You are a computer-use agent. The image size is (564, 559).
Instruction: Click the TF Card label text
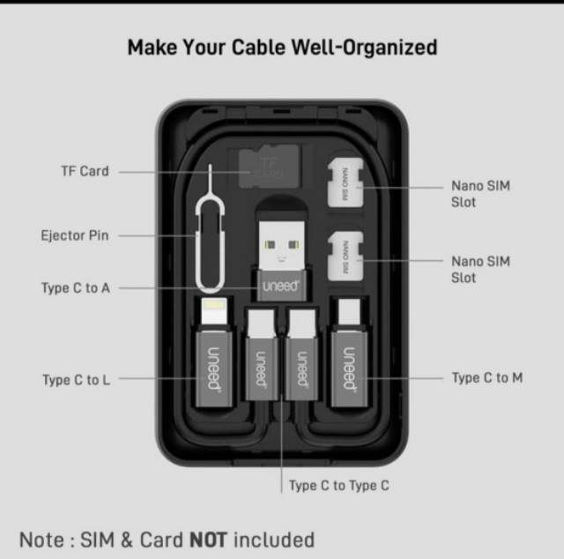click(85, 171)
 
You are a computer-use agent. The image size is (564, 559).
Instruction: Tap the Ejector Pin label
click(75, 235)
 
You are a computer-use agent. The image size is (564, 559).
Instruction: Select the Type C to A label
click(76, 288)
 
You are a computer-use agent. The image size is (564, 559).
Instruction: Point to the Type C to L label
click(77, 380)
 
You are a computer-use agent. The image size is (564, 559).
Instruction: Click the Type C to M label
click(487, 377)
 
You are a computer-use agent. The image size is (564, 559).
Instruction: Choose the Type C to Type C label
click(339, 486)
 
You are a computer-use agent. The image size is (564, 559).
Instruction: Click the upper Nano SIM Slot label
click(480, 194)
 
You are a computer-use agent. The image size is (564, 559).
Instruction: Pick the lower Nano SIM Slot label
click(480, 270)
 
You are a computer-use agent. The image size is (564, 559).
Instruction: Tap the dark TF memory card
click(269, 167)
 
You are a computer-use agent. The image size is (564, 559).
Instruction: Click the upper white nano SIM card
click(345, 183)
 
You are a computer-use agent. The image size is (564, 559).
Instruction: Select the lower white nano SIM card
click(345, 257)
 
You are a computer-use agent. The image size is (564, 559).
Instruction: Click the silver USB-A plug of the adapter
click(282, 246)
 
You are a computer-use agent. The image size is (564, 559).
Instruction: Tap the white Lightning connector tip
click(214, 310)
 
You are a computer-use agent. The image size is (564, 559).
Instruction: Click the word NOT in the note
click(209, 540)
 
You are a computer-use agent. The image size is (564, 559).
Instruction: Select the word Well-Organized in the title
click(364, 48)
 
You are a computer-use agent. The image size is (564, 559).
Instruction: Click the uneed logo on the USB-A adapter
click(281, 287)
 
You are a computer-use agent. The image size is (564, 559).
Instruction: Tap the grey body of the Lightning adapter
click(214, 369)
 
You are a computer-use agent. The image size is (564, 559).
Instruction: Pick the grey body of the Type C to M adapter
click(349, 369)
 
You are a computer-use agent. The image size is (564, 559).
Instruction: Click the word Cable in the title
click(258, 47)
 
